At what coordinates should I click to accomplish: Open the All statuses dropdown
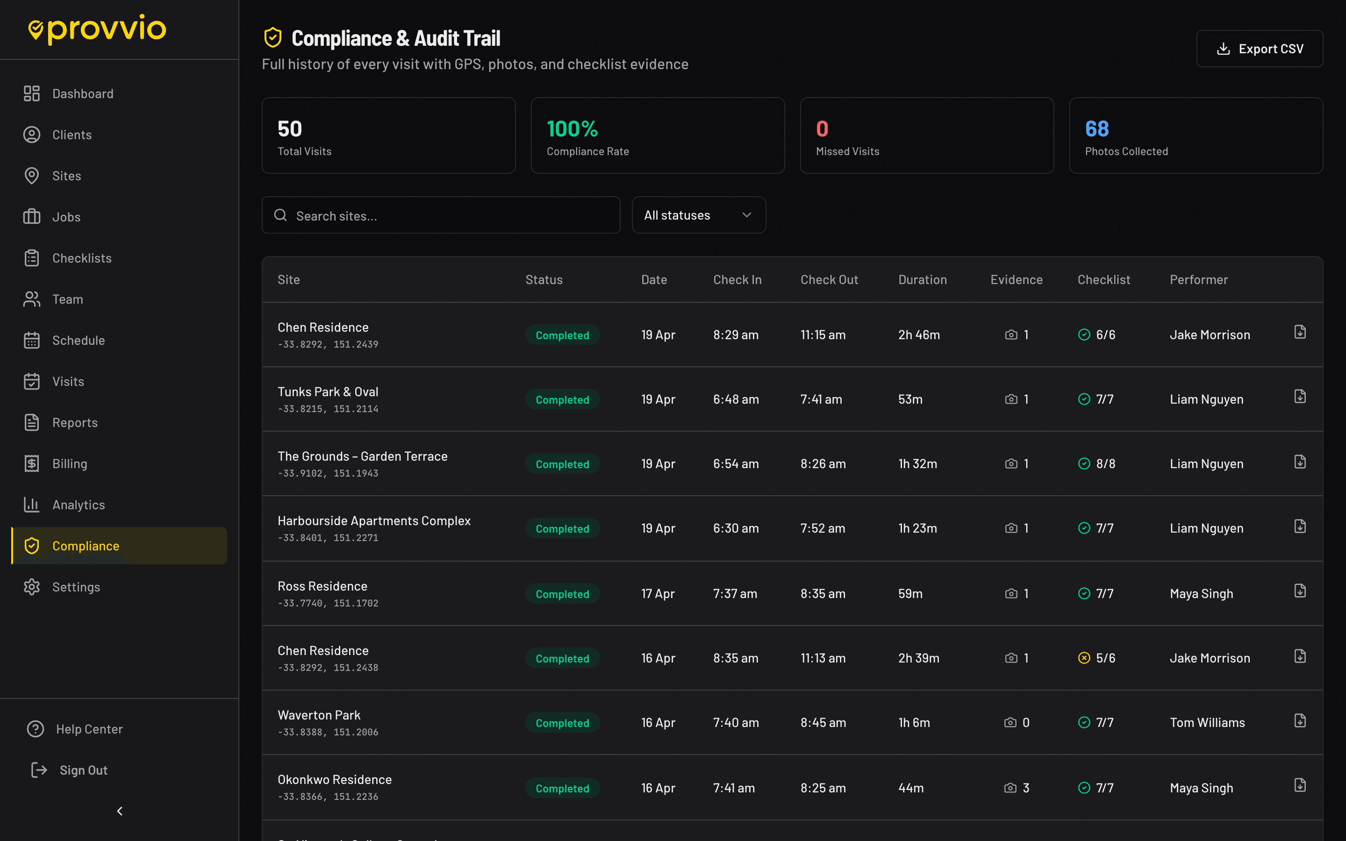coord(698,215)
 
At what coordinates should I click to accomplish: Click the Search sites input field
coord(441,216)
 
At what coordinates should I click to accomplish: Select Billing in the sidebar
coord(70,464)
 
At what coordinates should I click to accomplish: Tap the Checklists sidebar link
coord(82,258)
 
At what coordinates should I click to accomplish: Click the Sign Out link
coord(84,770)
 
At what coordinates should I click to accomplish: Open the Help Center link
coord(89,729)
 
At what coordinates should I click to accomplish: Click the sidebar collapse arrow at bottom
coord(120,812)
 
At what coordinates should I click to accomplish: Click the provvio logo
coord(97,29)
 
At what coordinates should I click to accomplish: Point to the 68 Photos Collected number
coord(1097,129)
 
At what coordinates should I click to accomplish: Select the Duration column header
coord(922,280)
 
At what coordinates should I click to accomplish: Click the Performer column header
coord(1199,280)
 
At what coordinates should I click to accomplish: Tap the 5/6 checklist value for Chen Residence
coord(1105,658)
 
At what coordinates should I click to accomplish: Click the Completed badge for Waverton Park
coord(562,723)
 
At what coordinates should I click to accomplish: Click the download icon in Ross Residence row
coord(1300,591)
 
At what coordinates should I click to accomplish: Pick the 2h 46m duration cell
coord(919,335)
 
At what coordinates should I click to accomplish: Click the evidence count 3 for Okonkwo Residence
coord(1026,788)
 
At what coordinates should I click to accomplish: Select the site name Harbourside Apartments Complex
coord(374,520)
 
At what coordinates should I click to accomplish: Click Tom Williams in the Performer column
coord(1207,722)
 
